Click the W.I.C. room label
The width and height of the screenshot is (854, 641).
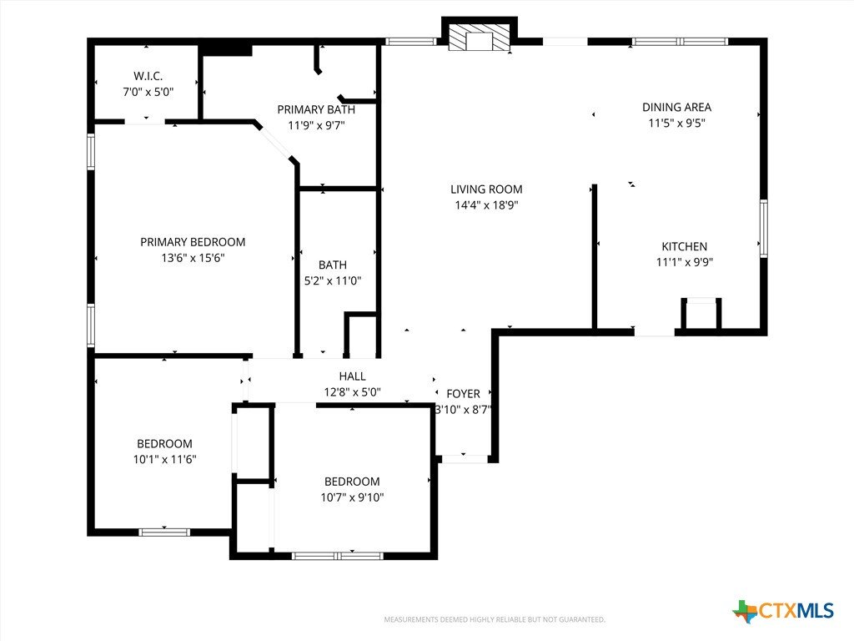[x=148, y=76]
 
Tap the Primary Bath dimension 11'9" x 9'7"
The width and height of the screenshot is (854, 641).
[x=316, y=125]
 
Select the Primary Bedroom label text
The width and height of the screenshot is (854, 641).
[x=193, y=242]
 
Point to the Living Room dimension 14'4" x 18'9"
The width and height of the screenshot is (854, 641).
[x=486, y=205]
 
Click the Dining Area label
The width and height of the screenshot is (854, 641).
[x=677, y=108]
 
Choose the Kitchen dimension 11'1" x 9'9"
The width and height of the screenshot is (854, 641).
[x=685, y=262]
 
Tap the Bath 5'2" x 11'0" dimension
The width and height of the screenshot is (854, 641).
[x=333, y=280]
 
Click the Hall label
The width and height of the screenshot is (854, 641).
[x=353, y=376]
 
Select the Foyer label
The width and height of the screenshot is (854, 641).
[x=464, y=394]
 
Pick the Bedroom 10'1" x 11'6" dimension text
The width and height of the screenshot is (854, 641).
[x=164, y=460]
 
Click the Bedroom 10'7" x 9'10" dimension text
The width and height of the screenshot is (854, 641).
[x=353, y=497]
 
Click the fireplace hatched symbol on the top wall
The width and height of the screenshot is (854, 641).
[x=479, y=38]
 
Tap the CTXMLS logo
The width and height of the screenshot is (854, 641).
[x=783, y=611]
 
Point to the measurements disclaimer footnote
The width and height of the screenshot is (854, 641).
[x=495, y=620]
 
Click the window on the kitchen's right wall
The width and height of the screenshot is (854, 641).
[x=764, y=228]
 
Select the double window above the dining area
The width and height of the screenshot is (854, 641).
[x=680, y=42]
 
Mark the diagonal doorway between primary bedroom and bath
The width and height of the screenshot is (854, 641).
[x=275, y=143]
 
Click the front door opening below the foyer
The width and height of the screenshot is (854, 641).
[x=464, y=459]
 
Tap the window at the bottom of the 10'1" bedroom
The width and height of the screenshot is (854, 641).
[x=164, y=532]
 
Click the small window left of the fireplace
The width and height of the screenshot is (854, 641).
[x=411, y=42]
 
